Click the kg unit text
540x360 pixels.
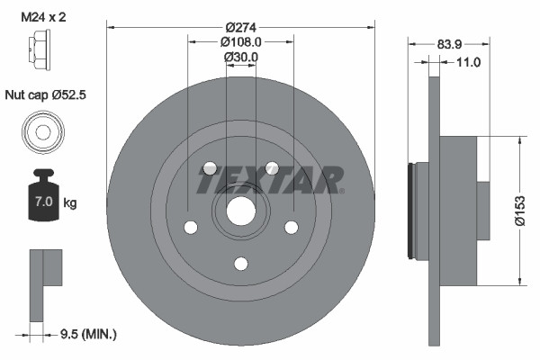click(70, 203)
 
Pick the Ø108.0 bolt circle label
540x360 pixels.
click(240, 40)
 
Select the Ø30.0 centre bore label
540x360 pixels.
click(240, 57)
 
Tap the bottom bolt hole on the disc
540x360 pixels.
click(240, 263)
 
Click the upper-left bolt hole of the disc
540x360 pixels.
click(210, 168)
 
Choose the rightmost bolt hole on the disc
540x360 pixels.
click(291, 227)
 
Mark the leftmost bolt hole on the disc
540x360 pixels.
click(190, 227)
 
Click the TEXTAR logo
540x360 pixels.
click(270, 179)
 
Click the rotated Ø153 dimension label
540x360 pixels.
click(519, 211)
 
